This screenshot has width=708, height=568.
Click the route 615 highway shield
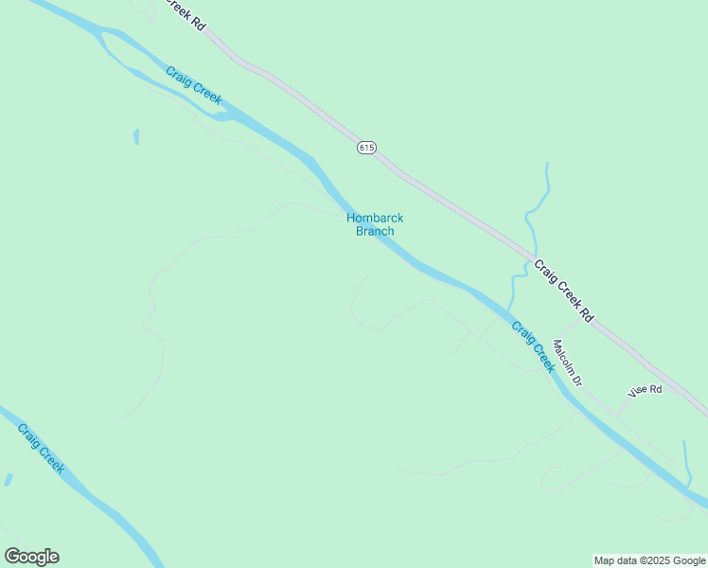367,148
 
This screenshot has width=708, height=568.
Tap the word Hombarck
375,218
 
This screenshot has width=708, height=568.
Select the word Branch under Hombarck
375,231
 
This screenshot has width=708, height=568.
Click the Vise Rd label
644,390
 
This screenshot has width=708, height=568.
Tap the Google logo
31,557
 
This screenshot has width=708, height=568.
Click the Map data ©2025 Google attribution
650,560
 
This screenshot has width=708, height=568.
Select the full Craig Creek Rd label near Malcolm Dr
562,291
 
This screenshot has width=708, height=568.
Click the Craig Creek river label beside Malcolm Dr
533,346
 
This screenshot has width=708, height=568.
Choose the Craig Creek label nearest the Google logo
41,448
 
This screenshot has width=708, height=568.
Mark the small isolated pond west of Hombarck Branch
136,137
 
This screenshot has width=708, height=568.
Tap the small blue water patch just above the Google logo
9,480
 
